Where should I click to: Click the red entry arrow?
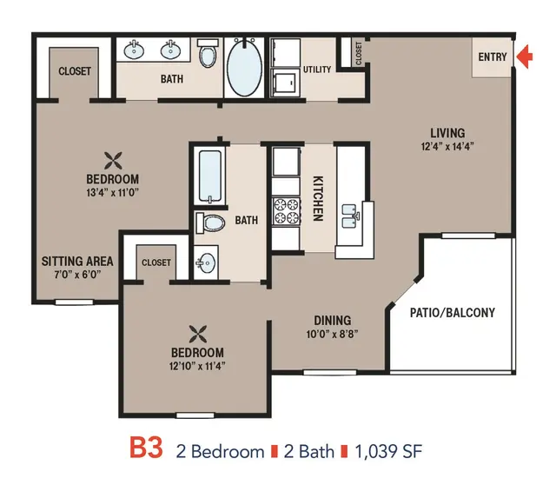click(x=525, y=56)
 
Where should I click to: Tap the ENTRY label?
click(x=493, y=56)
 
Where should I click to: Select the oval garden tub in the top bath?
click(x=244, y=67)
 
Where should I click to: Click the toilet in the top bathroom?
click(x=208, y=53)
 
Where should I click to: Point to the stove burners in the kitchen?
click(x=287, y=211)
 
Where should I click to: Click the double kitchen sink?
click(x=350, y=216)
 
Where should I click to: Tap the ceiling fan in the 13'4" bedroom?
click(x=113, y=161)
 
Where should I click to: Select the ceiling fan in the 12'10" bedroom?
click(x=198, y=335)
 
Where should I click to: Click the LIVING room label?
click(x=447, y=133)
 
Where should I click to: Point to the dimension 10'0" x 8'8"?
click(x=332, y=334)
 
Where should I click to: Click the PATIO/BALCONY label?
click(x=453, y=313)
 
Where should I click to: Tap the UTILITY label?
click(x=317, y=70)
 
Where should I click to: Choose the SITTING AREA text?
click(x=77, y=262)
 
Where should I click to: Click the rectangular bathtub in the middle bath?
click(x=210, y=176)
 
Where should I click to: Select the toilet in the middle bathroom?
click(x=210, y=223)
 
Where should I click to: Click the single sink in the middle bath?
click(x=206, y=262)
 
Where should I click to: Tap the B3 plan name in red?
click(x=146, y=448)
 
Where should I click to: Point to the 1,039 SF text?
click(x=388, y=452)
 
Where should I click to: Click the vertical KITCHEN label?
click(x=318, y=198)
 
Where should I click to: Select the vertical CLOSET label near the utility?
click(x=359, y=53)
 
